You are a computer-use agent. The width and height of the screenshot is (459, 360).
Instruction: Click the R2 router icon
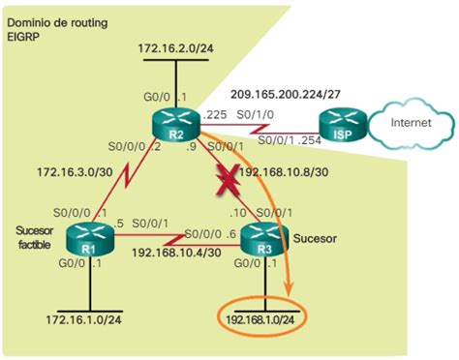(x=175, y=124)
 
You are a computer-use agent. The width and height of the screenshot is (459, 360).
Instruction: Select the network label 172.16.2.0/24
(x=174, y=46)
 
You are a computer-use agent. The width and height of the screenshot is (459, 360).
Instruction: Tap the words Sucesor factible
(x=33, y=238)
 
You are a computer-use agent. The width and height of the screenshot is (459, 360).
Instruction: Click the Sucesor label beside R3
(x=313, y=235)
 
